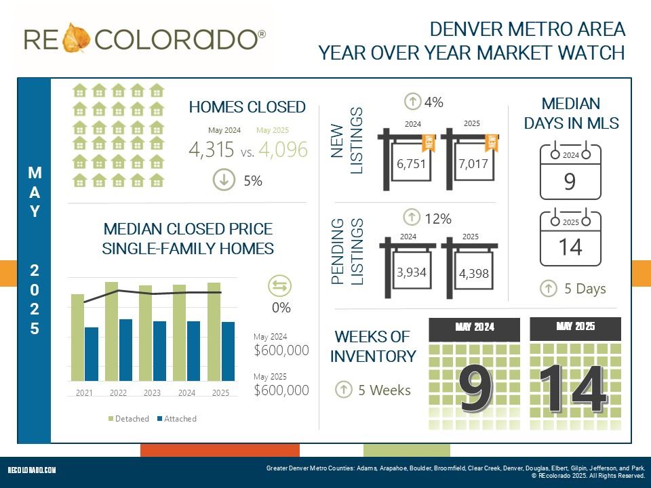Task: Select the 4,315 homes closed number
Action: tap(212, 150)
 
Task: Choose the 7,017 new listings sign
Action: tap(472, 163)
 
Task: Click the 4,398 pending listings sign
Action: tap(473, 273)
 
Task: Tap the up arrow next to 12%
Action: tap(412, 218)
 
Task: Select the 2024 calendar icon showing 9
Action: tap(570, 171)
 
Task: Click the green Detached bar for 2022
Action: tap(112, 332)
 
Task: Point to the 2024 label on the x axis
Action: tap(186, 393)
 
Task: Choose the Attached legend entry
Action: tap(176, 419)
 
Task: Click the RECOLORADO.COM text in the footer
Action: tap(32, 470)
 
